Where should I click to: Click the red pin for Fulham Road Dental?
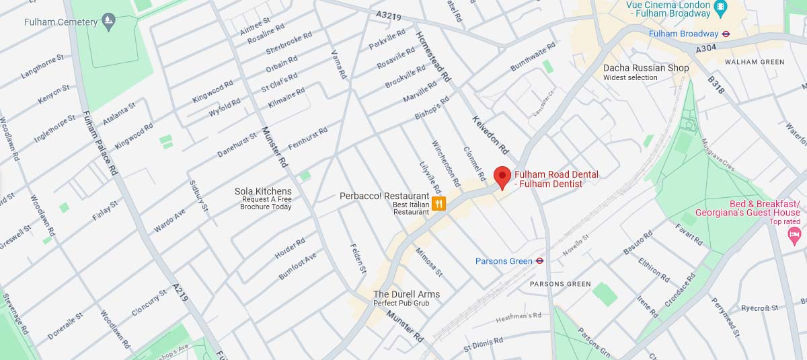click(502, 177)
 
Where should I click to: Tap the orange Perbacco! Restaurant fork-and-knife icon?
click(438, 203)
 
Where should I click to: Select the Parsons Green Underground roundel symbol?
click(539, 261)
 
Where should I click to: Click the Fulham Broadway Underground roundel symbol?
click(726, 34)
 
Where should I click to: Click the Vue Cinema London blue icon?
click(720, 7)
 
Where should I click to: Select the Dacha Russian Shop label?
click(646, 68)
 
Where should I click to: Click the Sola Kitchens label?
click(263, 192)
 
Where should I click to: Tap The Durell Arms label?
click(406, 294)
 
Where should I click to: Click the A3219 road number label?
click(388, 14)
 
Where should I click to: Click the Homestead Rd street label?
click(433, 57)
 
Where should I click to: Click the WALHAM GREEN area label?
click(755, 62)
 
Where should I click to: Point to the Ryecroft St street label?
click(759, 308)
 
